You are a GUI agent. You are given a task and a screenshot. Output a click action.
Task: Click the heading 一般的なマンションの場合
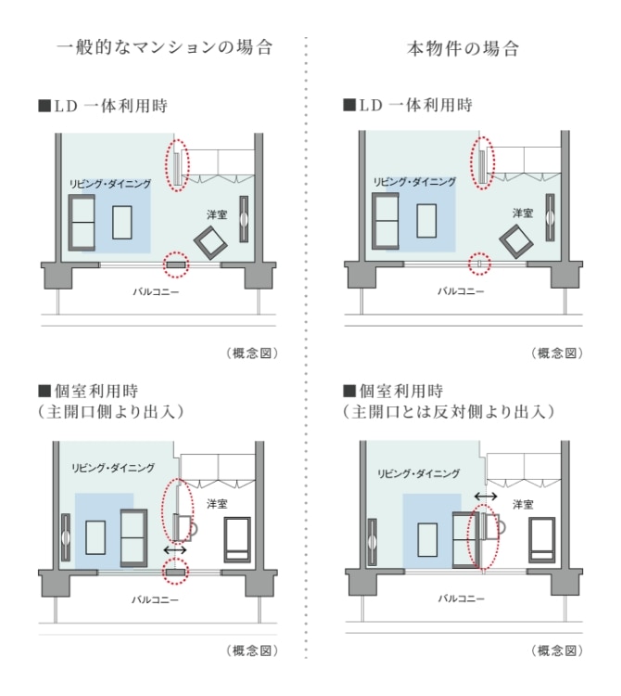pos(164,47)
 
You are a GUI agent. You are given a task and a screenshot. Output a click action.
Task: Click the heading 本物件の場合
pos(463,48)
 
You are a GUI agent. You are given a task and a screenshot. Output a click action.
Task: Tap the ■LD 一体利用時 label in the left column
pos(103,106)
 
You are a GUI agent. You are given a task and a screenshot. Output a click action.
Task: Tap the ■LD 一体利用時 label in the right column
pos(408,105)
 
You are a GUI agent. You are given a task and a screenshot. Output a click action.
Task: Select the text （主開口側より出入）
pos(111,412)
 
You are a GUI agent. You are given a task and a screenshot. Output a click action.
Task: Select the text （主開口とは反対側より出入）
pos(448,412)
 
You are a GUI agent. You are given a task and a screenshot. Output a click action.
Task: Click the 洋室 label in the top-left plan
pos(217,215)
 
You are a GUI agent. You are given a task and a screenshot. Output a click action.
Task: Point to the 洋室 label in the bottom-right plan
pos(523,505)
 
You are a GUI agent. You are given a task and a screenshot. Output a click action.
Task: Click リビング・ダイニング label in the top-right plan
pos(414,182)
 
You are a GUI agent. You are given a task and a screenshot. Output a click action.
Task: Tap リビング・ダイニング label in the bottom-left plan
pos(113,468)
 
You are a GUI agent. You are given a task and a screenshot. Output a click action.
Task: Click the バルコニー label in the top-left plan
pos(156,291)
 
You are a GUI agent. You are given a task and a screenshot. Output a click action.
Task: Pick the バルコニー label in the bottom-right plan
pos(462,599)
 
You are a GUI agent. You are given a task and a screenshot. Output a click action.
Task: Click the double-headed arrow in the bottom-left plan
pos(175,550)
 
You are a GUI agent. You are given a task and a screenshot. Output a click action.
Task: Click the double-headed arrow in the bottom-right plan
pos(486,496)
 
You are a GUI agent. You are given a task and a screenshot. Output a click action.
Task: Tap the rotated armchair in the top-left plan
pos(210,243)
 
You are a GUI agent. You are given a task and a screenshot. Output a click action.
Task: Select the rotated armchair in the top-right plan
pos(516,241)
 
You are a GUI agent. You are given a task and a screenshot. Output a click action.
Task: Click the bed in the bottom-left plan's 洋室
pos(237,540)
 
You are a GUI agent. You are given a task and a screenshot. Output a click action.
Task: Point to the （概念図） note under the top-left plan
pos(252,354)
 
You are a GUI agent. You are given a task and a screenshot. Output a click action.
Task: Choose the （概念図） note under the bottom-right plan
pos(557,651)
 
